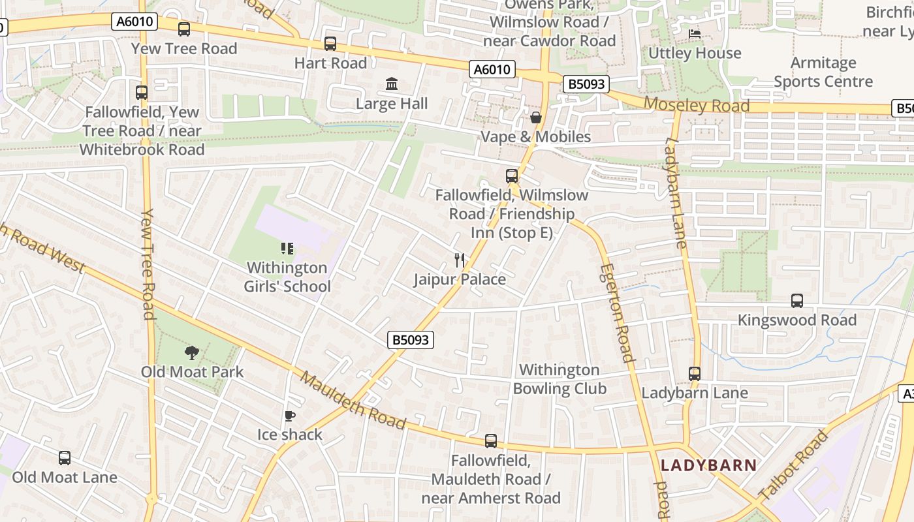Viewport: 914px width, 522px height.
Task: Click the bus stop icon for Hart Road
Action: pos(330,44)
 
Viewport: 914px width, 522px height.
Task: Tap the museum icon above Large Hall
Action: pos(392,84)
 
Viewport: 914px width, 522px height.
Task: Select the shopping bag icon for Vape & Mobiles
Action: pos(536,117)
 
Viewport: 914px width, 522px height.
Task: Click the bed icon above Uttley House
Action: pos(695,33)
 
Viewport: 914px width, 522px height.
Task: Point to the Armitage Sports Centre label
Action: pos(823,72)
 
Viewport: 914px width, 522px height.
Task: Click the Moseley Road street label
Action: pos(697,105)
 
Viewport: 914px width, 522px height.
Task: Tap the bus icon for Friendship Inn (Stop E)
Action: pos(512,176)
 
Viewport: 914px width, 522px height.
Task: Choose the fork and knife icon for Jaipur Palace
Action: pos(460,260)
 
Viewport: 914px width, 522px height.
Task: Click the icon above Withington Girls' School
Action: pos(287,249)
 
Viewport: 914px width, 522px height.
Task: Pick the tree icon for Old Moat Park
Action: pos(192,353)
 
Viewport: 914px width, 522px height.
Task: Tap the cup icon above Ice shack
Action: pos(290,416)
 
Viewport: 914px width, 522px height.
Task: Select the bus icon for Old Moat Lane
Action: pos(65,458)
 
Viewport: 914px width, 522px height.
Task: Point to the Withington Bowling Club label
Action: pos(559,379)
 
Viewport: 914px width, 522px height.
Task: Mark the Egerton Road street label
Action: pos(617,313)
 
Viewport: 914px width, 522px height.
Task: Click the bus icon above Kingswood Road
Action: pos(797,301)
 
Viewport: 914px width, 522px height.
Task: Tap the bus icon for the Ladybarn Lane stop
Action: pos(695,374)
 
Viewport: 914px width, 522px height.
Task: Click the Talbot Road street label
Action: pos(794,465)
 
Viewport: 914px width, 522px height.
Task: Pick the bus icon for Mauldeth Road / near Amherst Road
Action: pos(491,441)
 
